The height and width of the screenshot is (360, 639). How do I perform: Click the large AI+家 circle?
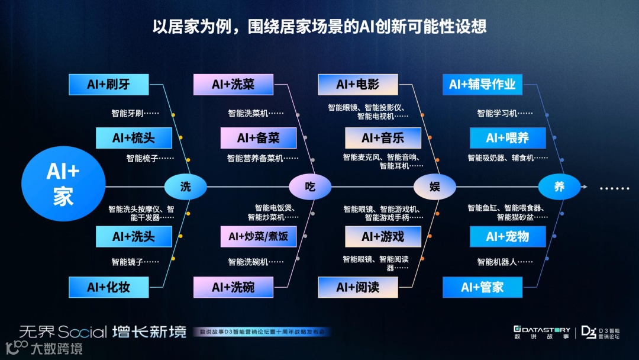click(x=63, y=184)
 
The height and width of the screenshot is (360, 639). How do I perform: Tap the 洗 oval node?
click(x=186, y=187)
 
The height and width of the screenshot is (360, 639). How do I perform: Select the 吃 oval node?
click(x=310, y=187)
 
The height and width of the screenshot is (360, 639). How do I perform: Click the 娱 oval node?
click(x=435, y=187)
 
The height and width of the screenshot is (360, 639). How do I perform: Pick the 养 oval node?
click(x=559, y=187)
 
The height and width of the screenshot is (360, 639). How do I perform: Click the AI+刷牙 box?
click(x=108, y=84)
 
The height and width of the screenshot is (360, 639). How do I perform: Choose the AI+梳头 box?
click(x=134, y=138)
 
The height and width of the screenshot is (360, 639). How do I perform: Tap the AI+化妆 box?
click(x=108, y=287)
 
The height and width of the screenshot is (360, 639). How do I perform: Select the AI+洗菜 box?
click(x=233, y=84)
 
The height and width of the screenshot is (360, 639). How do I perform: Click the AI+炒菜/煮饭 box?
click(x=259, y=236)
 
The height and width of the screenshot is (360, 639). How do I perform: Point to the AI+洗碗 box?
click(x=233, y=287)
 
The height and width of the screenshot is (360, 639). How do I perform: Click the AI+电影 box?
click(x=357, y=84)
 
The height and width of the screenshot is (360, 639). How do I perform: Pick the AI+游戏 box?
click(x=383, y=236)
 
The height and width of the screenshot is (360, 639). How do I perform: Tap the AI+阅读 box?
click(x=357, y=287)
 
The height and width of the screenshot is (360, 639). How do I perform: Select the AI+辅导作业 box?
click(x=482, y=84)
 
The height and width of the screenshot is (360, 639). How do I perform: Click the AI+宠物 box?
click(x=508, y=236)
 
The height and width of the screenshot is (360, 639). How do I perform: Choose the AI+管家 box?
click(x=482, y=287)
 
